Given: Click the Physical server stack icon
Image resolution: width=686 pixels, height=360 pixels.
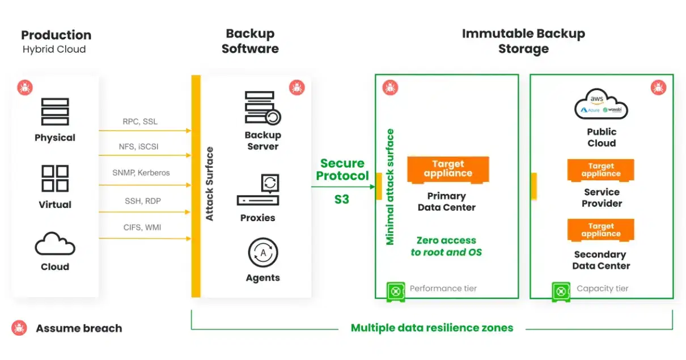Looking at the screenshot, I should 55,112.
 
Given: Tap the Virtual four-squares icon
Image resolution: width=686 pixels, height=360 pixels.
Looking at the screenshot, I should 55,179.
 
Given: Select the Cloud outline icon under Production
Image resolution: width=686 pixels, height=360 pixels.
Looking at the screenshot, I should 55,244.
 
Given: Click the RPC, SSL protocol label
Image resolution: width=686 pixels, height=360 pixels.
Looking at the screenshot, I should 140,121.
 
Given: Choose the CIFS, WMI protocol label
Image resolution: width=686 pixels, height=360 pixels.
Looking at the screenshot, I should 142,227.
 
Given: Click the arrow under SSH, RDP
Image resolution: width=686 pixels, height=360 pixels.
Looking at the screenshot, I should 145,212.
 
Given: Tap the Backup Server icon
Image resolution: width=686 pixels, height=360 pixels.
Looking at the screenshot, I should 262,108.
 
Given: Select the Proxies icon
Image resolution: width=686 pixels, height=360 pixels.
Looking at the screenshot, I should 258,191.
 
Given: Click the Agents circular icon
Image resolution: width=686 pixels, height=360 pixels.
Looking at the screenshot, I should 262,253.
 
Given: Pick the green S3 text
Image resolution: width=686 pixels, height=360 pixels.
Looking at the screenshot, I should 341,200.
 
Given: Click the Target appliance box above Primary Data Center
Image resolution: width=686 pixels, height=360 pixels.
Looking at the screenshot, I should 448,170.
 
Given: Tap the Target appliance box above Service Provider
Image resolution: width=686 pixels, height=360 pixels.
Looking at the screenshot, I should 601,170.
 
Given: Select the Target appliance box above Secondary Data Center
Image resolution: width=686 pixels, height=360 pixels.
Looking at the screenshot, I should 601,230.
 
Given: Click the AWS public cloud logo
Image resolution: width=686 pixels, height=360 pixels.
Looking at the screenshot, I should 601,104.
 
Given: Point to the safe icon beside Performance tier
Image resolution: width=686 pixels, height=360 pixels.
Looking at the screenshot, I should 396,291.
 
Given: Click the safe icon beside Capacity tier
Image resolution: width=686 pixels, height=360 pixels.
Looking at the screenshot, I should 561,291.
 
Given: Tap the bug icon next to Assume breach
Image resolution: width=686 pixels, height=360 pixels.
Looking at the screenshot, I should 20,328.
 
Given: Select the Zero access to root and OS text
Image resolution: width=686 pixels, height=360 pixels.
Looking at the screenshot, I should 446,246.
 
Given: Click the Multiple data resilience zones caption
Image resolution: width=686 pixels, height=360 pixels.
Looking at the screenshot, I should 432,328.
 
